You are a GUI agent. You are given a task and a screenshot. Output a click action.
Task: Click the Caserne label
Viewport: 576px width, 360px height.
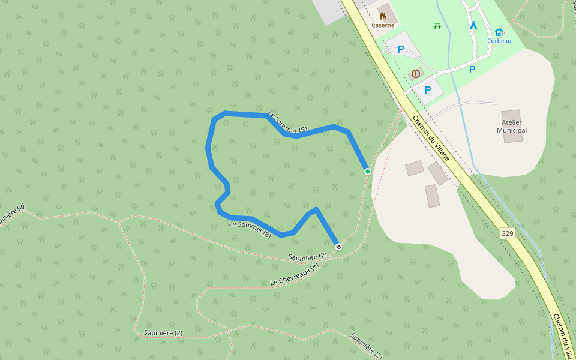(x=383, y=25)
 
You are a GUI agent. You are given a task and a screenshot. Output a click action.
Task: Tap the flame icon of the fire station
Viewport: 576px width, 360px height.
(x=383, y=16)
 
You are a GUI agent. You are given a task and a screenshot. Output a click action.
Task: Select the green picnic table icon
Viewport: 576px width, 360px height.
(x=437, y=25)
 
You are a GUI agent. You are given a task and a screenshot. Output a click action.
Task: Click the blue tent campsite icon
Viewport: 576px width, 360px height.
(x=473, y=25)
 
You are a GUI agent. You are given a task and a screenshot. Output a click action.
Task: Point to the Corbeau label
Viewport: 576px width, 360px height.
(x=499, y=41)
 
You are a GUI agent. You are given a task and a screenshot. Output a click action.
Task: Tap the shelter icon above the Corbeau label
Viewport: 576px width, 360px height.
(x=499, y=32)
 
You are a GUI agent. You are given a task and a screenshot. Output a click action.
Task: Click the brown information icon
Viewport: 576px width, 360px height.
(x=415, y=74)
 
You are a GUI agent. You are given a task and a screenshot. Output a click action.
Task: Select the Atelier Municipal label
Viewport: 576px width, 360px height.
(x=512, y=126)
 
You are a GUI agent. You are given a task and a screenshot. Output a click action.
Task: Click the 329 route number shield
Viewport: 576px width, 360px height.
(x=508, y=233)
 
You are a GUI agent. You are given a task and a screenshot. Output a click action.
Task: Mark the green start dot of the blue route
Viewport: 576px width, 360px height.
(x=368, y=172)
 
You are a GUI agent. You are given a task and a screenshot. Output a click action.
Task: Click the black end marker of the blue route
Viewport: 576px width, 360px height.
(x=338, y=247)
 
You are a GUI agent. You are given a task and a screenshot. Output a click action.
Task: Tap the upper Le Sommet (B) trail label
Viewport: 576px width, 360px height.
(x=287, y=122)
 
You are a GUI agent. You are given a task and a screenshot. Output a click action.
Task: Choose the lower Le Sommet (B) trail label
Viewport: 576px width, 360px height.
(x=250, y=229)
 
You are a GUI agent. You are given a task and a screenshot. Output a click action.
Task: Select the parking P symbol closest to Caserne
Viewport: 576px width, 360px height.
(x=401, y=49)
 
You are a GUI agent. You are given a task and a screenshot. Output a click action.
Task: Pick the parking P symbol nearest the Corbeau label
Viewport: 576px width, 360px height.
(x=472, y=70)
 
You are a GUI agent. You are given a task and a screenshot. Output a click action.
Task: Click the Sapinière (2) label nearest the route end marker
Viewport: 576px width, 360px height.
(x=308, y=257)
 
